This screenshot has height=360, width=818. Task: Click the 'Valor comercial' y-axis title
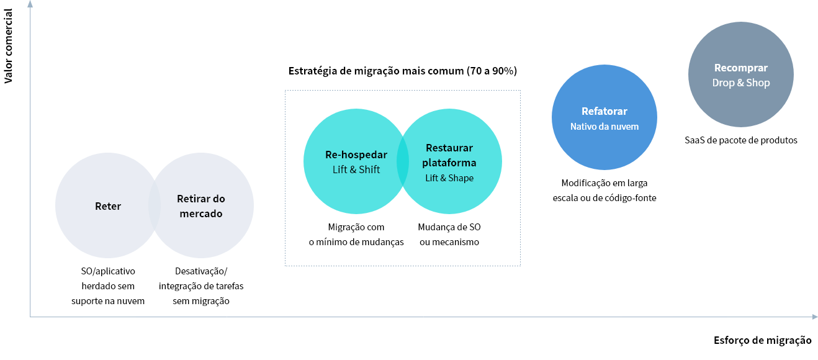coord(8,46)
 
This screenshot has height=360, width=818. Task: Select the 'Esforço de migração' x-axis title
coord(763,340)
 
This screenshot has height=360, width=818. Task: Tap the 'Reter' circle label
coord(108,206)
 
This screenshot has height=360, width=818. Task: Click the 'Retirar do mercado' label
coord(201,206)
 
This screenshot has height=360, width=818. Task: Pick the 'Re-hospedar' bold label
coord(356,155)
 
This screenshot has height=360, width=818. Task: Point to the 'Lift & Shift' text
coord(356,169)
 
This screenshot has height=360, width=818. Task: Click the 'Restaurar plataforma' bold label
coord(449,155)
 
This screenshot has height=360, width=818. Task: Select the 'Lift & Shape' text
coord(449,178)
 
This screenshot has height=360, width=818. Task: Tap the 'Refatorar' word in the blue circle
coord(605,111)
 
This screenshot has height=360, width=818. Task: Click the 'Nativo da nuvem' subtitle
coord(605,127)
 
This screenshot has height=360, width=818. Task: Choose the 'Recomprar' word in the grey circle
coord(741,68)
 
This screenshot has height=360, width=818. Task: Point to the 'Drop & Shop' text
coord(741,83)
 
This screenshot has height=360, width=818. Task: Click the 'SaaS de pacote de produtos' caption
coord(741,140)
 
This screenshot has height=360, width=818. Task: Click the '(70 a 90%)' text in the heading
coord(492,71)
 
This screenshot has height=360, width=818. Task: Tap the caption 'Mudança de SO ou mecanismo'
coord(449,235)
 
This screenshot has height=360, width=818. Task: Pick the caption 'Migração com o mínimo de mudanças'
coord(356,235)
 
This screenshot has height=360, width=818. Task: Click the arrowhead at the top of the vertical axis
coord(30,4)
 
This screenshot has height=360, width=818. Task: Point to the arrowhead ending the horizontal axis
coord(815,317)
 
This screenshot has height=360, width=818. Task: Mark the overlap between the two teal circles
coord(403,161)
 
